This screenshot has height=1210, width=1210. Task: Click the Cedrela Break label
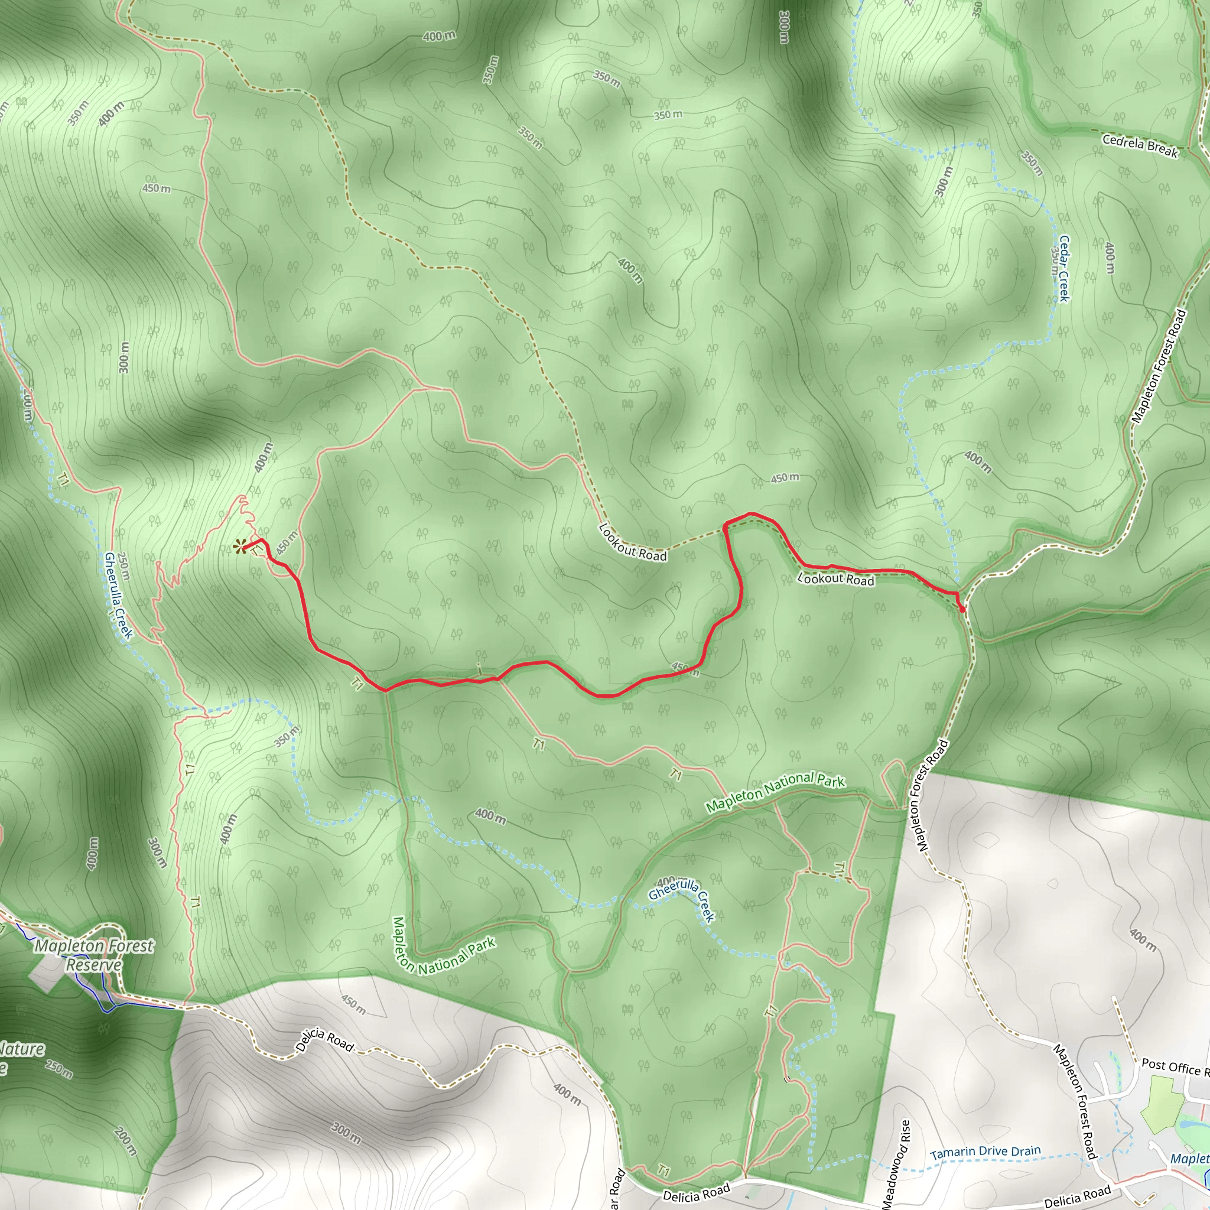click(1140, 145)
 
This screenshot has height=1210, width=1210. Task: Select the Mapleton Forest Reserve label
click(94, 955)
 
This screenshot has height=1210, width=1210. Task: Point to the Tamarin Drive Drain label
click(985, 1152)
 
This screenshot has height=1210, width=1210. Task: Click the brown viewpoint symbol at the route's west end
click(239, 547)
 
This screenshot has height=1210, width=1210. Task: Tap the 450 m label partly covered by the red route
click(685, 668)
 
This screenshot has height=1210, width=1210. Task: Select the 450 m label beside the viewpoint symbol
click(287, 543)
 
